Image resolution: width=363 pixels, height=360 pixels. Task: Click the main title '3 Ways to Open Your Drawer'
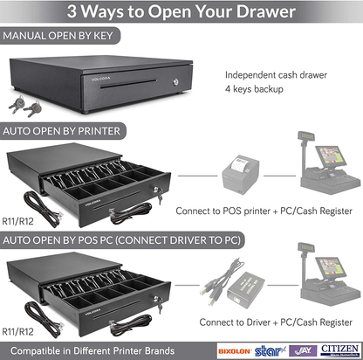[x=181, y=13]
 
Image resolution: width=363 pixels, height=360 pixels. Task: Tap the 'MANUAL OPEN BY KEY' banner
[x=61, y=38]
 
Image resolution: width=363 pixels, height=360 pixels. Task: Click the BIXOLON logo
[x=234, y=350]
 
